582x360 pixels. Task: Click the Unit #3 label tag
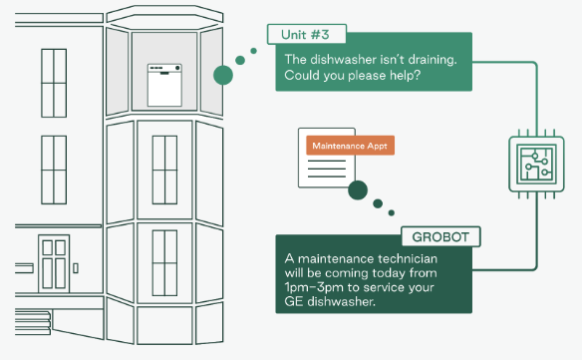tap(307, 35)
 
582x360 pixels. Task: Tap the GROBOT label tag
tap(440, 236)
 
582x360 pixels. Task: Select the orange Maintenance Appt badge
tap(350, 146)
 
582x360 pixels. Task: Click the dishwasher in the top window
tap(164, 85)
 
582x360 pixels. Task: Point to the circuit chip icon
tap(536, 164)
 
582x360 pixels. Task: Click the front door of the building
tap(54, 264)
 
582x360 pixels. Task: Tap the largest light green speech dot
tap(223, 75)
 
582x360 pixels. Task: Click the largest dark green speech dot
tap(358, 189)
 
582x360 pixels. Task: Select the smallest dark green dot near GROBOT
tap(392, 212)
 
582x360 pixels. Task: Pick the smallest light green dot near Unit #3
tap(253, 51)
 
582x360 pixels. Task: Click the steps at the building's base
tap(33, 322)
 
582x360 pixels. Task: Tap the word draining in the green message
tap(433, 60)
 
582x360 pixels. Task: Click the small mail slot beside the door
tap(76, 268)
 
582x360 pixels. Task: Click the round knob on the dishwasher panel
tap(177, 68)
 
